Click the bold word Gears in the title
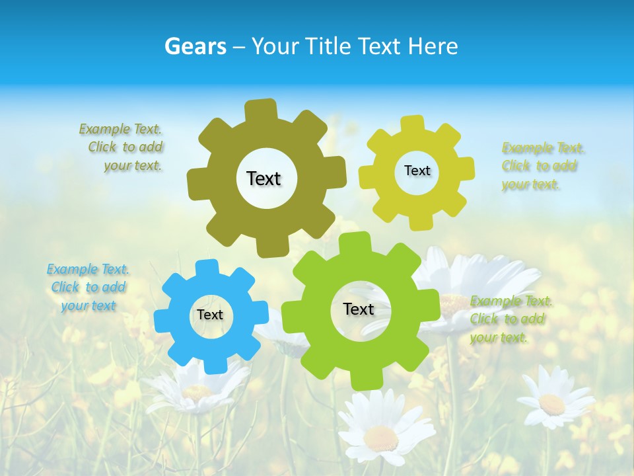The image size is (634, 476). coord(195,46)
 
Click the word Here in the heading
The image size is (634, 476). coord(432,46)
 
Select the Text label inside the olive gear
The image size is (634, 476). coord(264,178)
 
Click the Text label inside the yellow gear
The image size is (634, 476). coord(417,171)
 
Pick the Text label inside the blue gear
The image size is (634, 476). coord(210,315)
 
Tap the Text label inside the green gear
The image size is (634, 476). coord(359,309)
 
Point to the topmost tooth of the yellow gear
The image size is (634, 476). coord(413,124)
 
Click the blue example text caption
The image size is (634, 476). coord(88,288)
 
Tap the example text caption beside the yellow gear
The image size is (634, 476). coord(543,166)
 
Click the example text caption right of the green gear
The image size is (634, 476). coord(511,319)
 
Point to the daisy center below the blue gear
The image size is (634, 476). coord(197,391)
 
